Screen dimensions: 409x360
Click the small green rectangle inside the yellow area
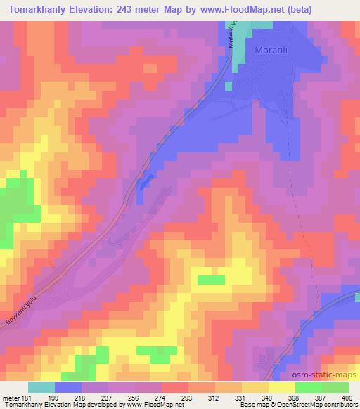coord(210,280)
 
